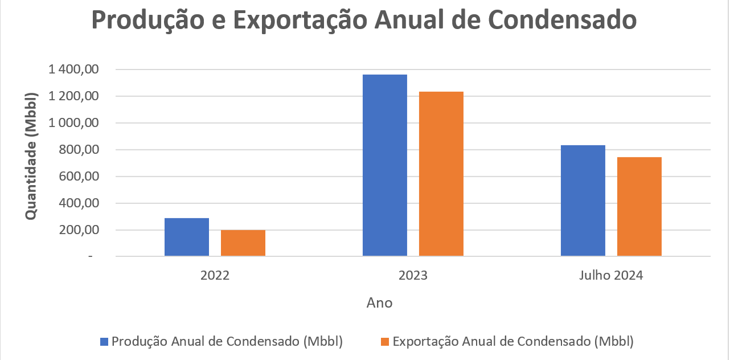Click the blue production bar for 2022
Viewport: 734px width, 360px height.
click(187, 237)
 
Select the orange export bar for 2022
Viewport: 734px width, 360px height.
click(243, 243)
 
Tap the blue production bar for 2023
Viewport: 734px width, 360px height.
click(385, 165)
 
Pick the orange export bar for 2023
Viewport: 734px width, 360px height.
click(441, 174)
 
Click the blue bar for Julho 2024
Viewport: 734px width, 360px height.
click(583, 201)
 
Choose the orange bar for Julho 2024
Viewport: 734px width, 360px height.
click(639, 206)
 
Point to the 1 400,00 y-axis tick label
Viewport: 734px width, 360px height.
click(74, 69)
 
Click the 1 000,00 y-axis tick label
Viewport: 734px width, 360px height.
click(74, 123)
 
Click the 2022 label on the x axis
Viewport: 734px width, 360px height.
click(215, 276)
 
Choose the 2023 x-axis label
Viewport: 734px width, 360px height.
click(413, 276)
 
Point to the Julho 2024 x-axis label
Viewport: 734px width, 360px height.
click(611, 276)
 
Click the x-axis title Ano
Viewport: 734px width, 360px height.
click(380, 302)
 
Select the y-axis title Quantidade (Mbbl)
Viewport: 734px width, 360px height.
click(31, 155)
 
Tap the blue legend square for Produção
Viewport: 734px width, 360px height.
click(104, 342)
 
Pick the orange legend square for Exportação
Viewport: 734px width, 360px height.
click(385, 342)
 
